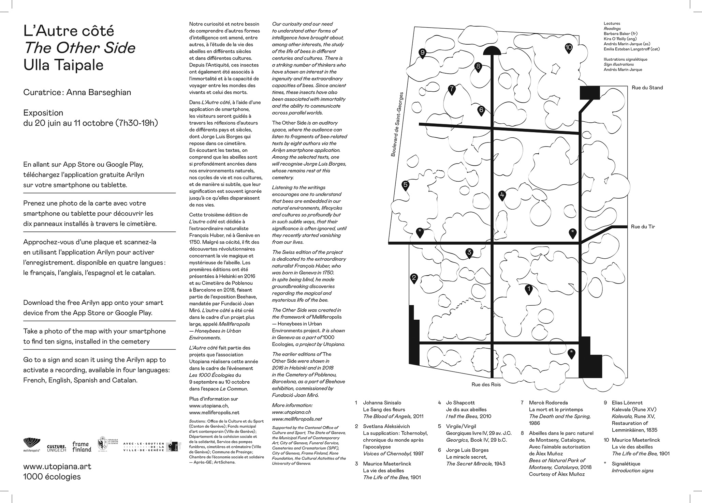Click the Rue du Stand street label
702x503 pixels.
pos(647,88)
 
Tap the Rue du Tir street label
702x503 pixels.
pos(643,227)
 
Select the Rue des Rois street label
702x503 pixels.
pos(486,384)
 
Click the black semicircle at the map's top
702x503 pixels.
pos(492,51)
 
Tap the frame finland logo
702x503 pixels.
pos(82,446)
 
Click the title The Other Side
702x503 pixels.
pos(79,48)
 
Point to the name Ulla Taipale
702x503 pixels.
pos(63,65)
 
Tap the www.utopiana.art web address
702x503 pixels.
pos(57,466)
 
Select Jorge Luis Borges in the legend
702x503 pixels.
pos(467,450)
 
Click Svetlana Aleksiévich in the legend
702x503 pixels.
pos(386,426)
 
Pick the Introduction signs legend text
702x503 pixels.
pos(632,471)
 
